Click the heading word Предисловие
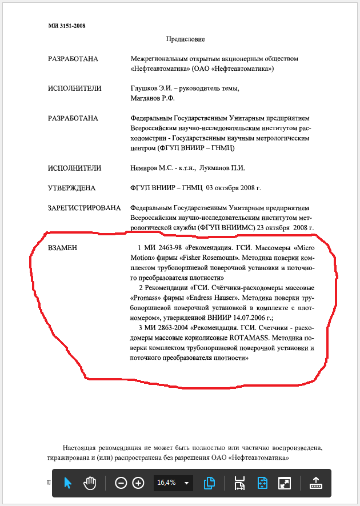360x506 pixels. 185,39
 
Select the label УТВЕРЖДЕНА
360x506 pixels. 71,188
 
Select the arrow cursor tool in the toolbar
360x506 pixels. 68,483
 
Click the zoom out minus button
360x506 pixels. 121,483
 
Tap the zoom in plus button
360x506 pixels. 138,483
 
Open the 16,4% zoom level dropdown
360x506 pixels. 186,483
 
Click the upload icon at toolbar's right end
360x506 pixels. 316,483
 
